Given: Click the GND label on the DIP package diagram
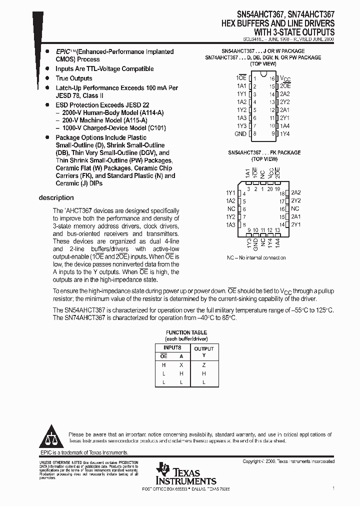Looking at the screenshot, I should point(240,134).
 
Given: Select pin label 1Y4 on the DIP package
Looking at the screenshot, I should point(284,134).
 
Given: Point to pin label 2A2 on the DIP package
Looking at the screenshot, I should point(285,94).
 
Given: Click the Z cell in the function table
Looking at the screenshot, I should point(204,365).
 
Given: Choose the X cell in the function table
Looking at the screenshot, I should point(181,365).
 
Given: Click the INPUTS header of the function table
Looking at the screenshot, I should point(172,347).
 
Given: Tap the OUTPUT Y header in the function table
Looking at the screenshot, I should point(204,352).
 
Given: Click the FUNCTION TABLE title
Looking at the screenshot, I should point(186,332).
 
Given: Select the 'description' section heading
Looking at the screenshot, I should point(56,198).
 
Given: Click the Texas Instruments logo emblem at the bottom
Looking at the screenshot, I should point(163,469).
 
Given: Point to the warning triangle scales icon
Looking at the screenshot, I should point(52,438).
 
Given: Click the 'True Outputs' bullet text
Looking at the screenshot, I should point(74,78).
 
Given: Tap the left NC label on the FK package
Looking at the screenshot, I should point(231,209).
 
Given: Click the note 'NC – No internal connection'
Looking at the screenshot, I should point(256,258).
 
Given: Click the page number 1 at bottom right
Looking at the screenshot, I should point(333,486).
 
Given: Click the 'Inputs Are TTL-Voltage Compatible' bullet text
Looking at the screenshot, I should point(104,69).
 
